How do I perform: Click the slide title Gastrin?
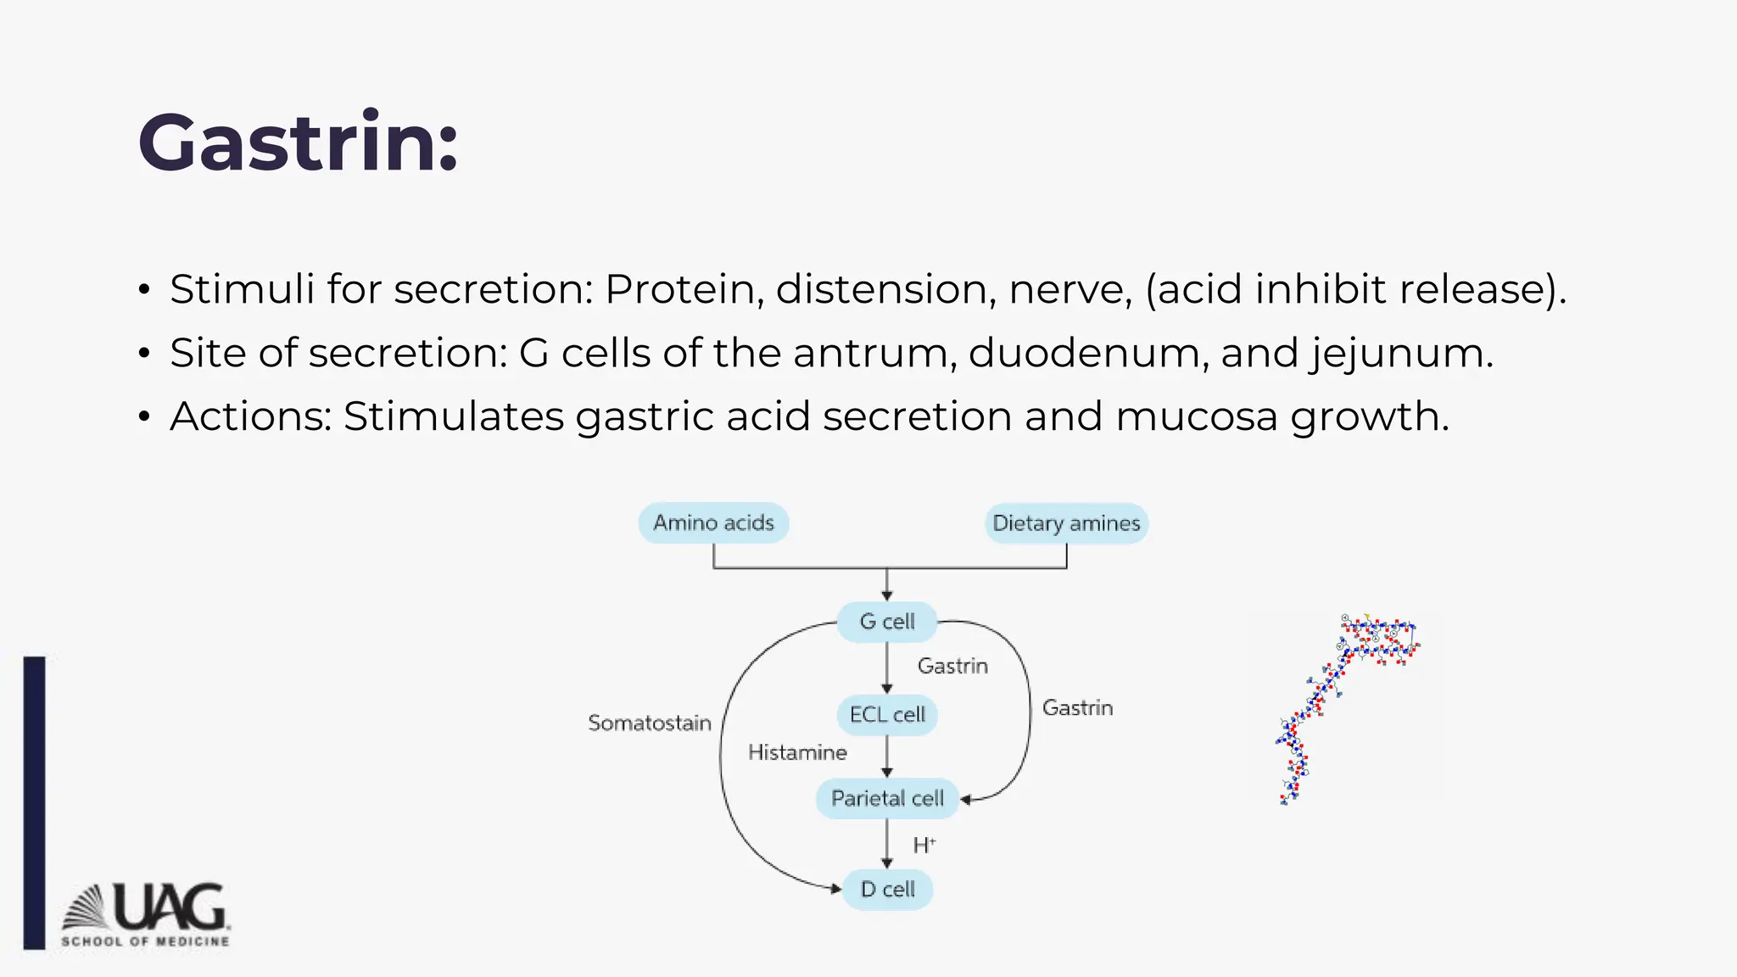coord(298,142)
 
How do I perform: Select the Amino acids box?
coord(713,522)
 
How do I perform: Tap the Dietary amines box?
coord(1066,523)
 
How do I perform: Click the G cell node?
coord(887,622)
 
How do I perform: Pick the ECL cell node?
coord(887,715)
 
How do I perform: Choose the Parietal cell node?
coord(887,798)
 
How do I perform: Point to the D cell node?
coord(887,890)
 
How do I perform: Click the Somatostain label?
coord(650,723)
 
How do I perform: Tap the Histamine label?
coord(797,752)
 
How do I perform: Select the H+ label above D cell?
coord(924,845)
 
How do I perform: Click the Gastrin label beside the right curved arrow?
coord(1077,707)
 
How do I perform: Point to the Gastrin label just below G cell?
coord(952,666)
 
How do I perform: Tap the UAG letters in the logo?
coord(170,907)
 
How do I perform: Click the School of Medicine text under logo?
coord(145,941)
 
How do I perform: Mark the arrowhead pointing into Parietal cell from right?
coord(965,799)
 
